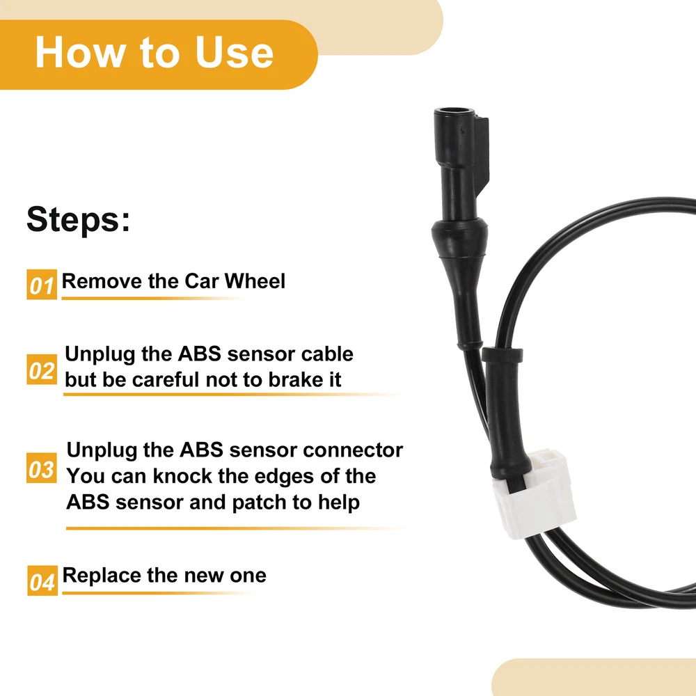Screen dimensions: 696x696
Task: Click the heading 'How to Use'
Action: [154, 52]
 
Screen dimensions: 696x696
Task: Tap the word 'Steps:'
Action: [79, 219]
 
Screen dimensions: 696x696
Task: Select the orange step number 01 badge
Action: [42, 284]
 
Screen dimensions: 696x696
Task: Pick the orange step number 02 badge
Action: [42, 370]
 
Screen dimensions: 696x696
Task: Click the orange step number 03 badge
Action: [42, 468]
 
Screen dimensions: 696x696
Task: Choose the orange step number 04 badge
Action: [42, 580]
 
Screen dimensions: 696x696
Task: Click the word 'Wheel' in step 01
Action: [255, 281]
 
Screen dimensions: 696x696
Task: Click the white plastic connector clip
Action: [535, 493]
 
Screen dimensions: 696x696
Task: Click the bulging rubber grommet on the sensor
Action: [459, 237]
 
